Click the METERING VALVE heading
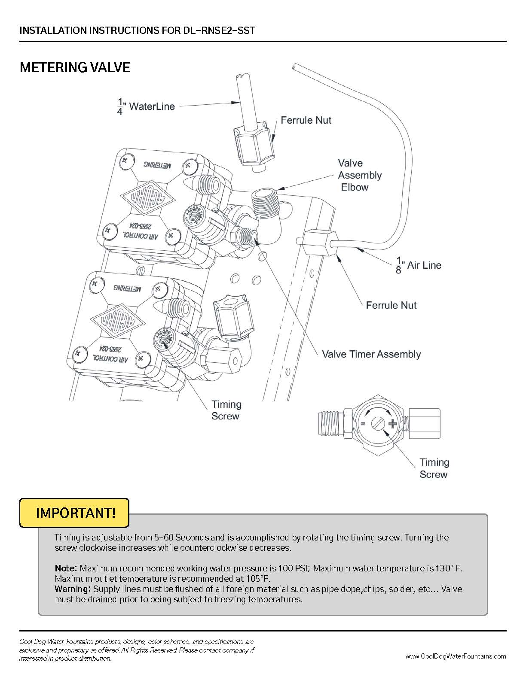(x=75, y=67)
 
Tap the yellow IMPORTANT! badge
(x=74, y=513)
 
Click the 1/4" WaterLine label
(x=146, y=106)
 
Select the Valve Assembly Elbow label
(x=359, y=175)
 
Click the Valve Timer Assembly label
(x=371, y=354)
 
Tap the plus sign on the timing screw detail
(x=392, y=424)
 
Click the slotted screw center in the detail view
(x=378, y=424)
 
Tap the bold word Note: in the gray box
(x=66, y=568)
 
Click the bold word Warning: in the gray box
(x=73, y=589)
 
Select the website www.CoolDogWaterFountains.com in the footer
(x=455, y=656)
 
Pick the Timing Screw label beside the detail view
(x=434, y=468)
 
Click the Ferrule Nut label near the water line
(x=306, y=120)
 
